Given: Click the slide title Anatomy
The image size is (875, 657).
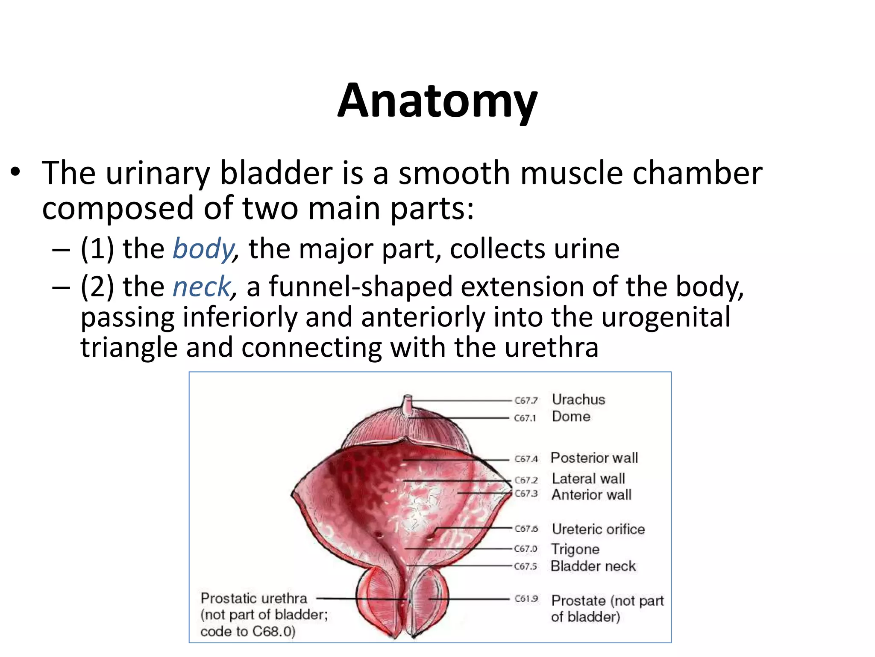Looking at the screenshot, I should tap(437, 101).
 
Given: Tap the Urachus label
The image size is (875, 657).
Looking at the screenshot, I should tap(578, 400).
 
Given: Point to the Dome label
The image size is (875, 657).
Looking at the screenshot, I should tap(571, 417).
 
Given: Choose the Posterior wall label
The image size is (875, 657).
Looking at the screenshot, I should tap(594, 458).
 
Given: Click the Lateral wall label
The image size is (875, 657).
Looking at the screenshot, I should tap(588, 478).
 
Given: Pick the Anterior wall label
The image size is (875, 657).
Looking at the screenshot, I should tap(591, 495).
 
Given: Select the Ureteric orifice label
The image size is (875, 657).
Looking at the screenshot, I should tap(598, 529).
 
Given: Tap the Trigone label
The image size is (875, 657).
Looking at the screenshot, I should tap(575, 549).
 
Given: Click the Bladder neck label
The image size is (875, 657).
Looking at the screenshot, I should tap(593, 566).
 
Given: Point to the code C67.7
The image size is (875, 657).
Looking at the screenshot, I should tap(526, 400).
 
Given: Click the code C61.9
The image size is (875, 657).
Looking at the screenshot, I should tap(526, 599).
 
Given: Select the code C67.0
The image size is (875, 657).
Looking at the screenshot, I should tap(526, 549).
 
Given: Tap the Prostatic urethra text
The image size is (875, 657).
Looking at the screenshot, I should tap(254, 598).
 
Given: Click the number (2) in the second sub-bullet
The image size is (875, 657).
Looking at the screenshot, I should tap(97, 287).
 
